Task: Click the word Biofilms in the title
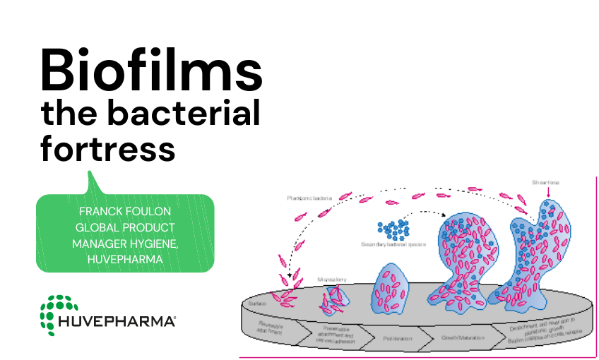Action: coord(151,70)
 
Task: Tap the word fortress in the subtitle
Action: coord(108,150)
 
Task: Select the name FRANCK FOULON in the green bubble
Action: coord(124,211)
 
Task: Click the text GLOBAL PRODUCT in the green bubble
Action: coord(125,227)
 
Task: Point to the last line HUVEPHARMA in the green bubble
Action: coord(124,259)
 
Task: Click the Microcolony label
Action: coord(330,279)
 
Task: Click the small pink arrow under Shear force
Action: coord(545,192)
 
